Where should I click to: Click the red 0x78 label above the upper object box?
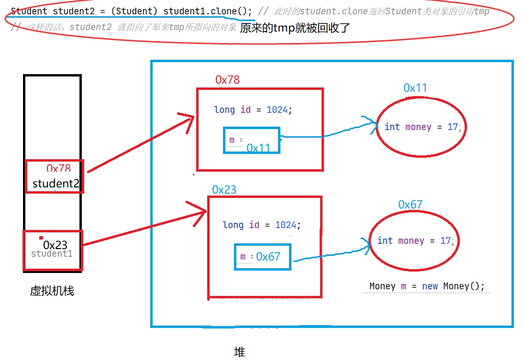point(227,80)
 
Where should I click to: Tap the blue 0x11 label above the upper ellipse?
point(415,87)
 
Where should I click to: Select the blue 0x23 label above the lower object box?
point(224,189)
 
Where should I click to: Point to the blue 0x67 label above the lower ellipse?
point(410,205)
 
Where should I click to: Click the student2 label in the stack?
point(56,184)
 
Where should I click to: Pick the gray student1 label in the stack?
point(52,254)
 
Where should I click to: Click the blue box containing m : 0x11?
point(252,141)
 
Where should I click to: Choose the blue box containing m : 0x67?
point(263,257)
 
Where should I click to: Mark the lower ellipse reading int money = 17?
point(414,241)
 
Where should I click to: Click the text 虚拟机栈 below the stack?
point(52,291)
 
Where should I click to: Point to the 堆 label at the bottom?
point(239,352)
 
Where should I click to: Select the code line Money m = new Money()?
point(427,286)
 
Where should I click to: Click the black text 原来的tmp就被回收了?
point(295,28)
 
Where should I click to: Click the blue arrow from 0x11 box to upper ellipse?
point(330,134)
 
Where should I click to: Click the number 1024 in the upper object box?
point(277,110)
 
